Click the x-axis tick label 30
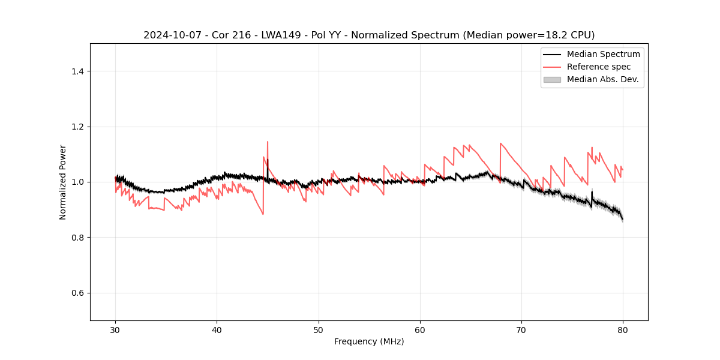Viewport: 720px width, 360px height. point(115,330)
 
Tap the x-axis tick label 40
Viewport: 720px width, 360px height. point(217,330)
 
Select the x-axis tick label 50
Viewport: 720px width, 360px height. point(319,330)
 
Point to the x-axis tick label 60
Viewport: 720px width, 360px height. point(420,330)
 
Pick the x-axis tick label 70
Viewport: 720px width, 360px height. point(521,330)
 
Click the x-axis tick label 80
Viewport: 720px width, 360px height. point(623,330)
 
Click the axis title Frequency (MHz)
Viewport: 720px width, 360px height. point(369,341)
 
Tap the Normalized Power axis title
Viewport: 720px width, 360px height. point(63,182)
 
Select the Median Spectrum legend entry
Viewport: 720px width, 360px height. point(603,54)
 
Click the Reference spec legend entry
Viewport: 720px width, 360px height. point(599,67)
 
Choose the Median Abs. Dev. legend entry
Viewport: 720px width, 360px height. point(602,79)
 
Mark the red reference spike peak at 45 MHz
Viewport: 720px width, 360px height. point(268,142)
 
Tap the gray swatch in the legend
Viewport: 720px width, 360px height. point(552,79)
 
